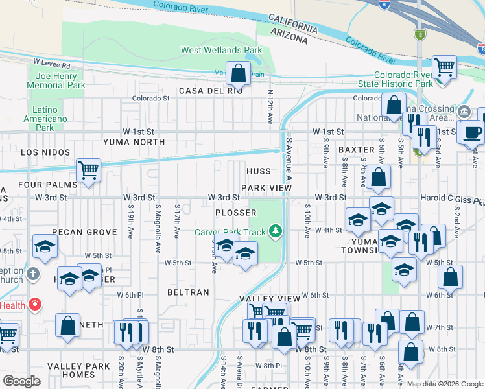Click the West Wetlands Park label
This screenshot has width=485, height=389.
(221, 50)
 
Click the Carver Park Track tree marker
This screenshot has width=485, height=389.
(276, 231)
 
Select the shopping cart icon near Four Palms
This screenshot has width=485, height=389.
(88, 171)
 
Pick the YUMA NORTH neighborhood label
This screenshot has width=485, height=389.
(134, 141)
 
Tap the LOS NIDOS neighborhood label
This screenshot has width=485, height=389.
(45, 152)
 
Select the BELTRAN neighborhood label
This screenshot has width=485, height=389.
(188, 292)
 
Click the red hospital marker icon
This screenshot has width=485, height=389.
(34, 304)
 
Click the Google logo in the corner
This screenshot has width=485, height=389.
(21, 381)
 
